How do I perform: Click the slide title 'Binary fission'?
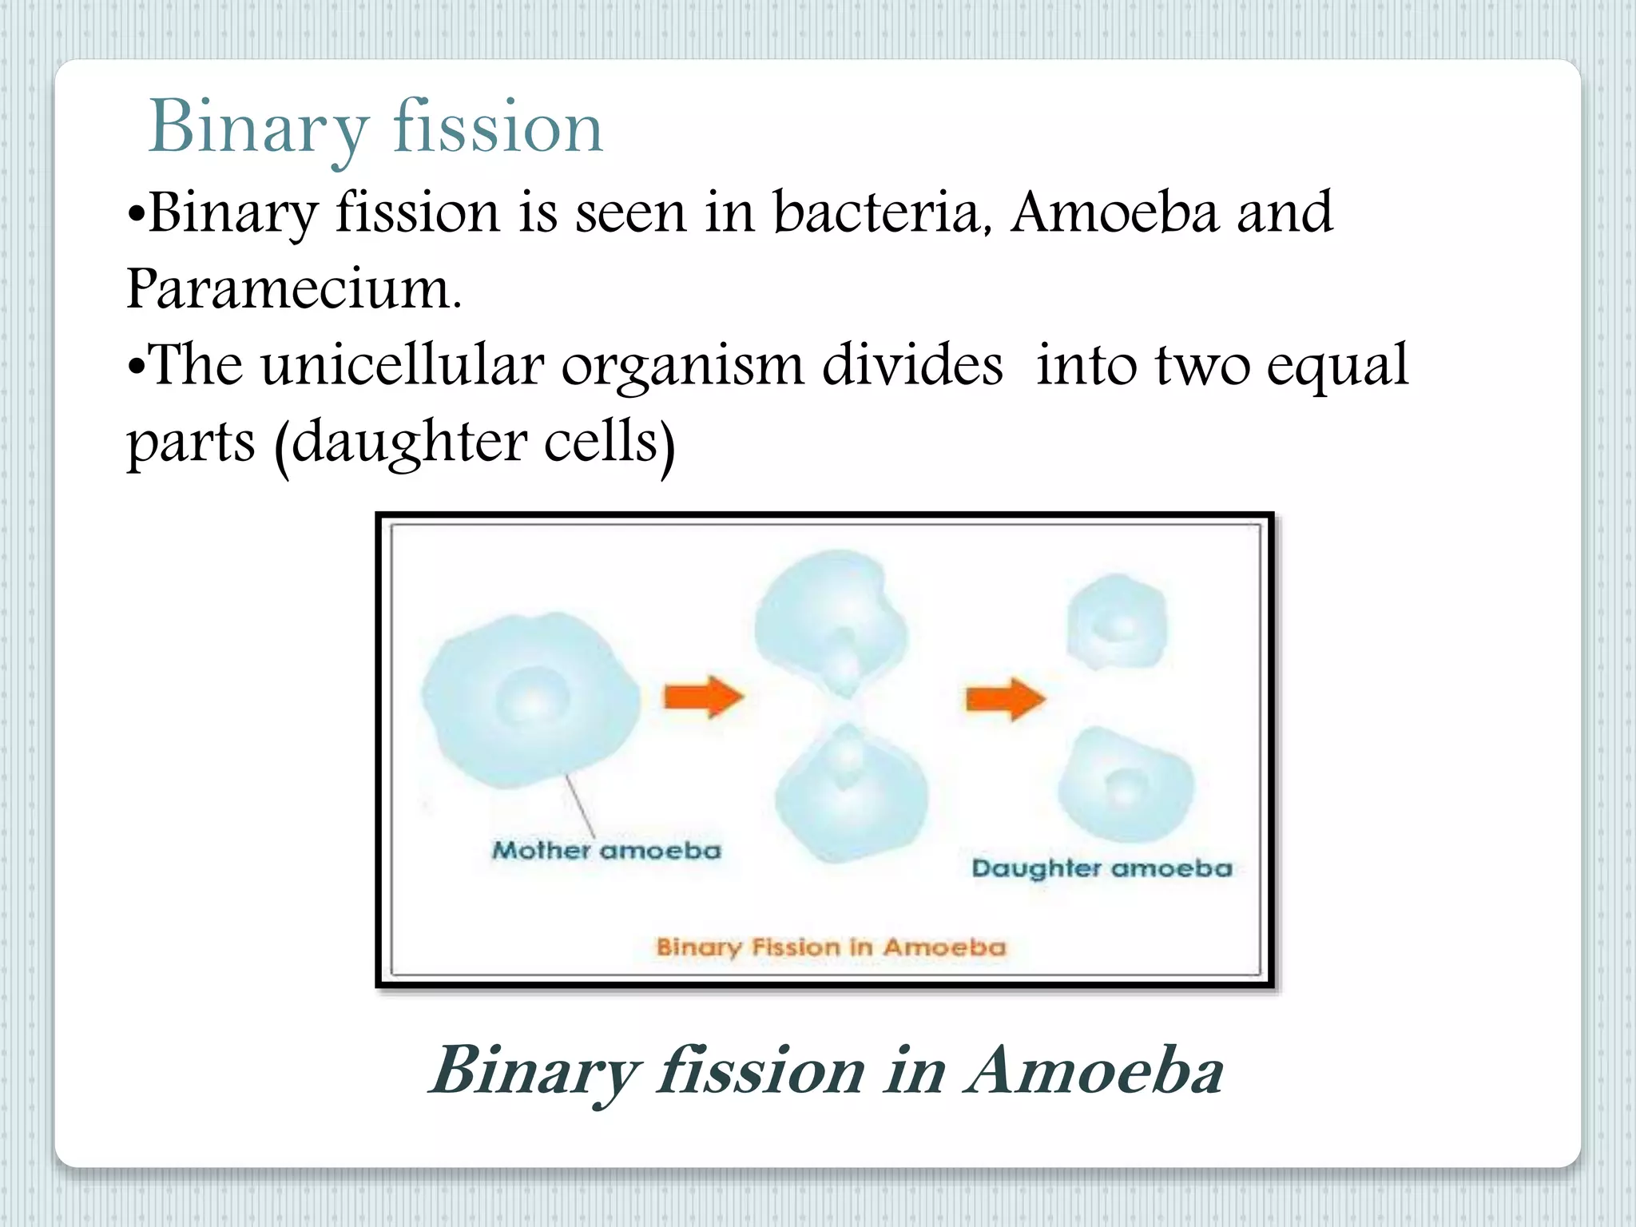pyautogui.click(x=375, y=128)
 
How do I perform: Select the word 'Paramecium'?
pyautogui.click(x=293, y=289)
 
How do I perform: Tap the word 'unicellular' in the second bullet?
pyautogui.click(x=402, y=366)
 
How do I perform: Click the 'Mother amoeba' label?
pyautogui.click(x=606, y=850)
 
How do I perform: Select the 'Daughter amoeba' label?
pyautogui.click(x=1102, y=868)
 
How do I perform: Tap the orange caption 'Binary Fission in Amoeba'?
pyautogui.click(x=831, y=947)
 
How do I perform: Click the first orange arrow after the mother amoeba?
pyautogui.click(x=703, y=697)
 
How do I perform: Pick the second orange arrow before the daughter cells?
pyautogui.click(x=1005, y=699)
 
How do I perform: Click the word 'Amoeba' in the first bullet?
pyautogui.click(x=1114, y=213)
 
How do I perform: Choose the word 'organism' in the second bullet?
pyautogui.click(x=682, y=366)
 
